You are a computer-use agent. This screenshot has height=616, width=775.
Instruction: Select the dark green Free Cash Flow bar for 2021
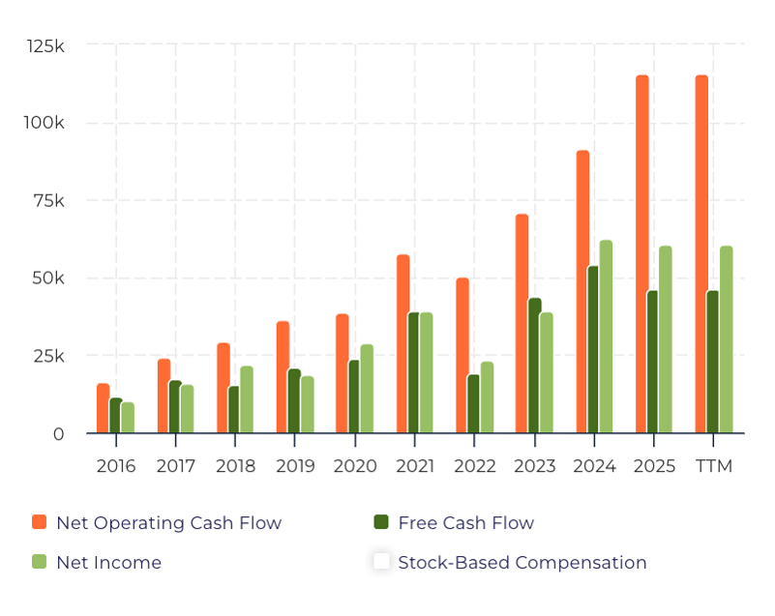(414, 372)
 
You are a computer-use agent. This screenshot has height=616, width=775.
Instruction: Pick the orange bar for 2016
(103, 408)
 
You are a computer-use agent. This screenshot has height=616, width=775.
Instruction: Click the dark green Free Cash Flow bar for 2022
(473, 403)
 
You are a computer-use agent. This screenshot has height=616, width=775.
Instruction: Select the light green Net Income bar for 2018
(247, 399)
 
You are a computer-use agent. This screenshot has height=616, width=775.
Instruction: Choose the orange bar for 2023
(522, 323)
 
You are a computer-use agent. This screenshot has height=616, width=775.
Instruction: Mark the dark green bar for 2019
(294, 400)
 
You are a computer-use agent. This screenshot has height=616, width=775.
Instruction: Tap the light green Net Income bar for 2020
(367, 389)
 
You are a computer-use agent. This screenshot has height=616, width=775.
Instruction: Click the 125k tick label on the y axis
(45, 45)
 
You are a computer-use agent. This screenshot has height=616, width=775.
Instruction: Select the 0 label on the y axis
(59, 434)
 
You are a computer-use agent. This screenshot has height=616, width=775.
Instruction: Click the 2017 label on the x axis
(175, 466)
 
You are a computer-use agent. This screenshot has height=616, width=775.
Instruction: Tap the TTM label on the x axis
(714, 466)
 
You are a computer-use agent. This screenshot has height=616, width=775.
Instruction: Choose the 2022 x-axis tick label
(474, 466)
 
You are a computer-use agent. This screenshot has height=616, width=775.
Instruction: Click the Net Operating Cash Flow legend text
(168, 523)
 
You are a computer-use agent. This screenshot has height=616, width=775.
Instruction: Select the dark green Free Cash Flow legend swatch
(381, 522)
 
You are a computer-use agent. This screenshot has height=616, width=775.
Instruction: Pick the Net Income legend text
(108, 562)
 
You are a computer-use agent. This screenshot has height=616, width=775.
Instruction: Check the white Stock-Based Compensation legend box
(381, 561)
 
